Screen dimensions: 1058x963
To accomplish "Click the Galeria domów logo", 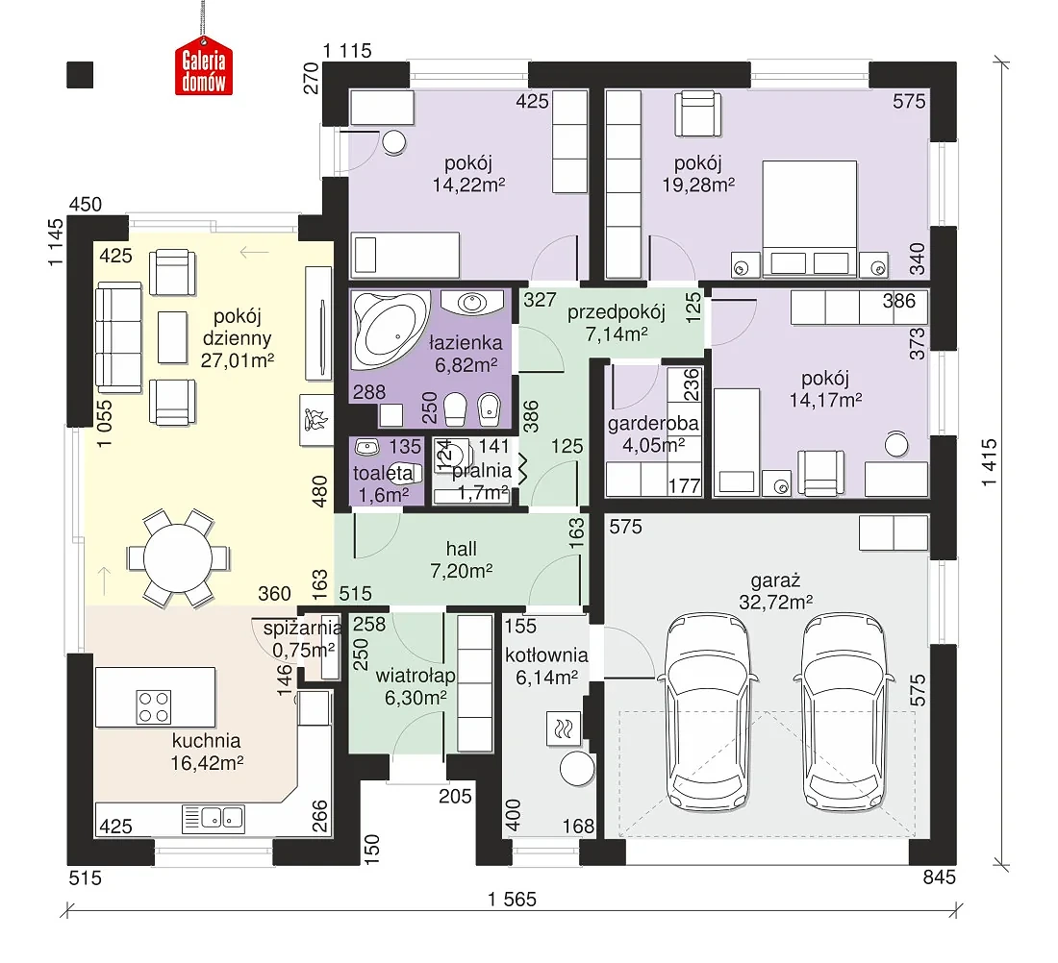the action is pyautogui.click(x=204, y=70).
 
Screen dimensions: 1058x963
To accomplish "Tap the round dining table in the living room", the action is pyautogui.click(x=178, y=557).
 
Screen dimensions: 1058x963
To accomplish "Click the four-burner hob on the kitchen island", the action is pyautogui.click(x=154, y=706).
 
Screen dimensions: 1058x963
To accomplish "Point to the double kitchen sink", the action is pyautogui.click(x=214, y=819).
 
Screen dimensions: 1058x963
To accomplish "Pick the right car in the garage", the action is pyautogui.click(x=844, y=712).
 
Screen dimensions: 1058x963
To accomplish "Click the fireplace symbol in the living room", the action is pyautogui.click(x=315, y=420).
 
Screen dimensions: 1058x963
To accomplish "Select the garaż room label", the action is pyautogui.click(x=775, y=580).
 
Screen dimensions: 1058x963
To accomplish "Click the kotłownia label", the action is pyautogui.click(x=546, y=654).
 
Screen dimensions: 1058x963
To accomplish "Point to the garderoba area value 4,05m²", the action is pyautogui.click(x=653, y=445).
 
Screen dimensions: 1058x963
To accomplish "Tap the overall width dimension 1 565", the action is pyautogui.click(x=512, y=899).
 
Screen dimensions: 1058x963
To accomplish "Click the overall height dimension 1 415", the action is pyautogui.click(x=989, y=462).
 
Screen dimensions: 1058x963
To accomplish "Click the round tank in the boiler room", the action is pyautogui.click(x=578, y=768).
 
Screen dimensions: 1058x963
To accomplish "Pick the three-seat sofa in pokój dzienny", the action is pyautogui.click(x=118, y=337).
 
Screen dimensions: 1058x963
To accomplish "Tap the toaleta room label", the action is pyautogui.click(x=383, y=473).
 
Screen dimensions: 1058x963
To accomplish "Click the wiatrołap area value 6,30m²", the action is pyautogui.click(x=416, y=698).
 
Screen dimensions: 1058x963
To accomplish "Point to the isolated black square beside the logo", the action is pyautogui.click(x=80, y=75).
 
